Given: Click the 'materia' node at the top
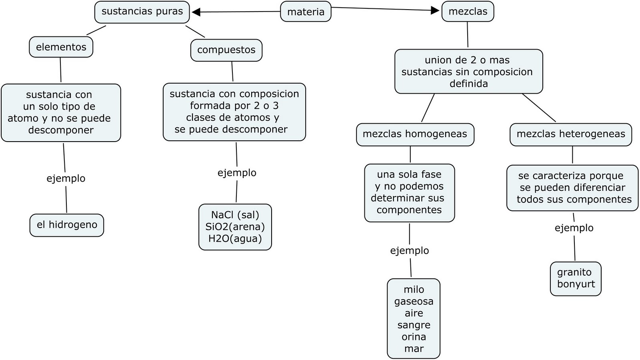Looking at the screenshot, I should (306, 12).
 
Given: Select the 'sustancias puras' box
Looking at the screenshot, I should (142, 12).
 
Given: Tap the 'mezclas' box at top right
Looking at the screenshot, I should (468, 12).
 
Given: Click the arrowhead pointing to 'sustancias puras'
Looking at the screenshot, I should (196, 12).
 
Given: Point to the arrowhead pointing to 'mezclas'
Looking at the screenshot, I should (435, 11).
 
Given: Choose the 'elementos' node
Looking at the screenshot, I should (61, 47).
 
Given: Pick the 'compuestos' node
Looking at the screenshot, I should (226, 50).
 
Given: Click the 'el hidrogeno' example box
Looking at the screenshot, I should (67, 225).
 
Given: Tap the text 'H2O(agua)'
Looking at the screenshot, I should (235, 239).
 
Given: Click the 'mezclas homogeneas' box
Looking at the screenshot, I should (415, 134).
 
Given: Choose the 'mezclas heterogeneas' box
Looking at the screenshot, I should (570, 134).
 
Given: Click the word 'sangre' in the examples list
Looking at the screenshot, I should (414, 325).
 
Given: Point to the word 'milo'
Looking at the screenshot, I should (414, 290).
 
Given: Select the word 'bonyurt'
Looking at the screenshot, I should (576, 284).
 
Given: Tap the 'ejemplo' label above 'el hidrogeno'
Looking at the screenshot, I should (66, 178).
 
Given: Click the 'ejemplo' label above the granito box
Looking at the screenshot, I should (574, 228).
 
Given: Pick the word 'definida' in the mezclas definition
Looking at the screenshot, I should (468, 84).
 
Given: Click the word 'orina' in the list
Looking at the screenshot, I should (414, 337).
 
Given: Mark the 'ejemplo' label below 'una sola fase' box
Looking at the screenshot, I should (410, 251).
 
